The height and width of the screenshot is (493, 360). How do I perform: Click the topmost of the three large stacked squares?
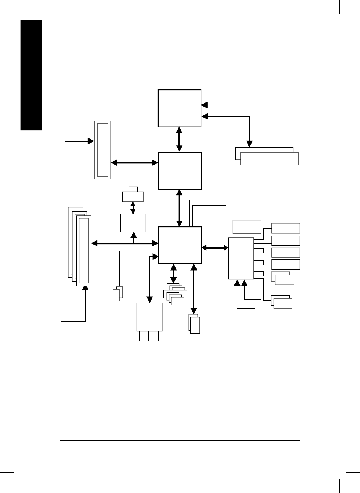pos(179,108)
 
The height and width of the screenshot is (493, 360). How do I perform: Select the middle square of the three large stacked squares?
pos(180,171)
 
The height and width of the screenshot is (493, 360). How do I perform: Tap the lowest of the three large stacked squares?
pos(180,245)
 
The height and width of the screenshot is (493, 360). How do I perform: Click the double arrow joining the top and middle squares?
pos(179,140)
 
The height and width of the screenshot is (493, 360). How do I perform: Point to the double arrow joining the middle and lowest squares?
pos(179,208)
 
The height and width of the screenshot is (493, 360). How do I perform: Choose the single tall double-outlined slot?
pos(103,150)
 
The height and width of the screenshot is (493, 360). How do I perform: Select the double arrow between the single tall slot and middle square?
pos(135,163)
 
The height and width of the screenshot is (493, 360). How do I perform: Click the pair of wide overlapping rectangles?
pos(267,156)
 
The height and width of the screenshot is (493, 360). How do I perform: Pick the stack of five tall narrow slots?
pos(80,246)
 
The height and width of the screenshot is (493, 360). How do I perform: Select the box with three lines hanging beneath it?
pos(149,317)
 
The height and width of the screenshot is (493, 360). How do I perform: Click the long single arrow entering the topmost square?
pos(243,104)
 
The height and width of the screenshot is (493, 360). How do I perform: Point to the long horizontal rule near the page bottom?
pos(180,441)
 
